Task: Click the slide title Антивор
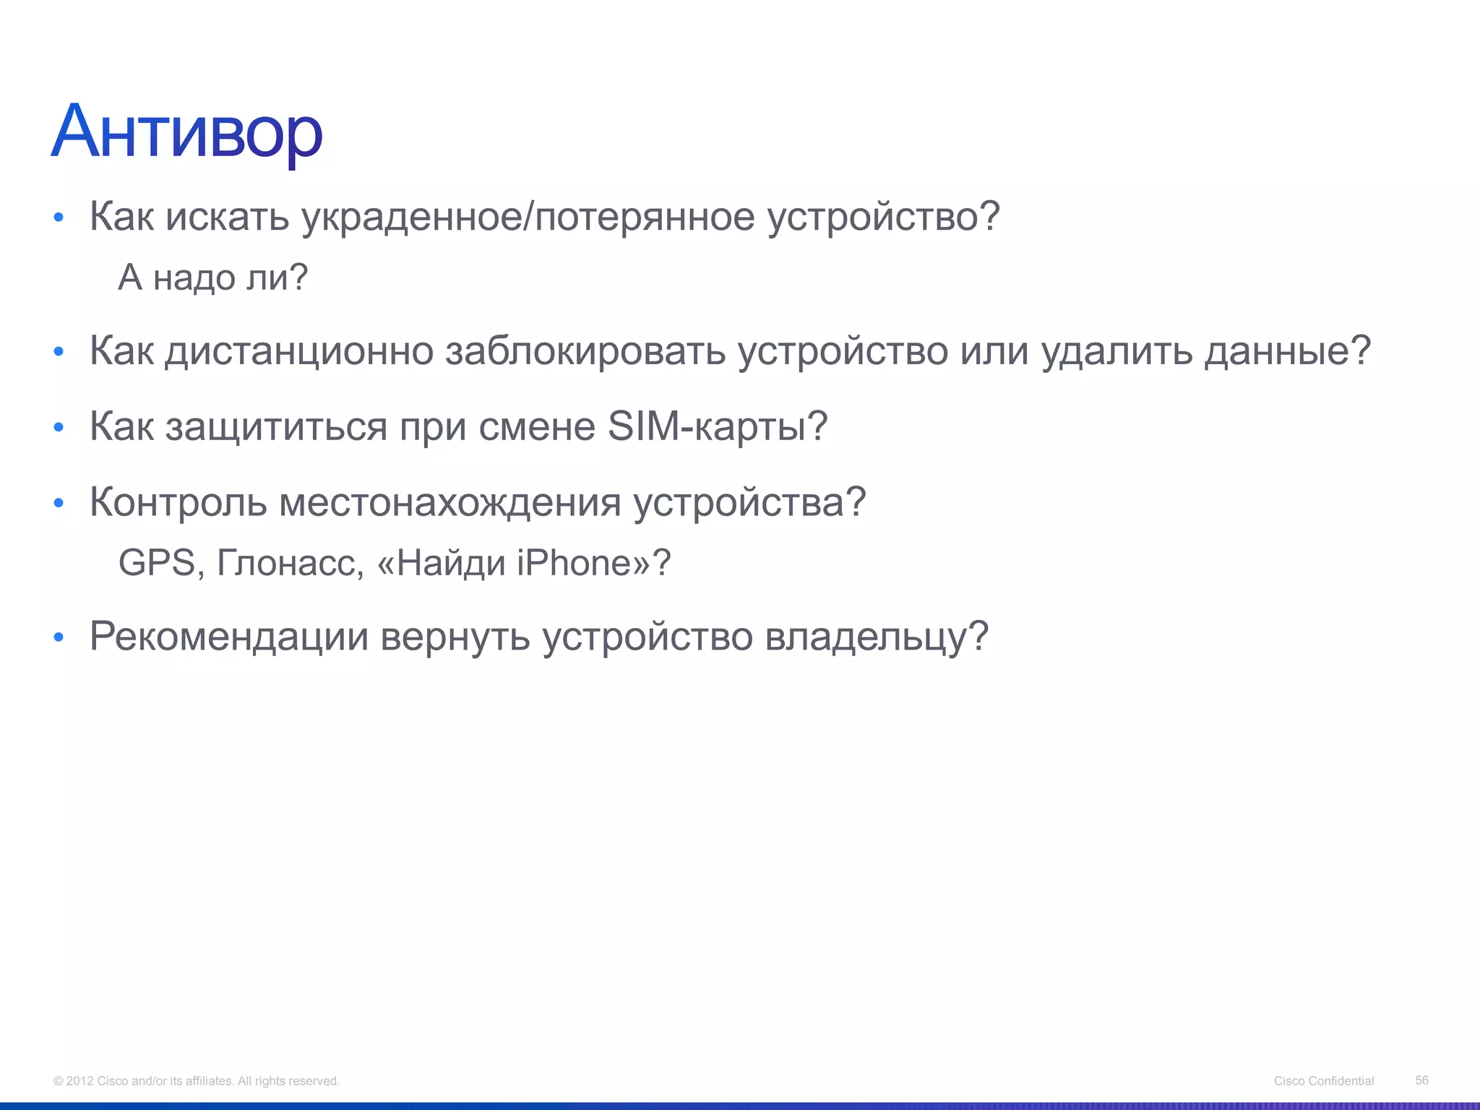[x=186, y=133]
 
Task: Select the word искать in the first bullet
[x=227, y=216]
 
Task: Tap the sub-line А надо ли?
[x=213, y=277]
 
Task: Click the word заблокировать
[x=585, y=351]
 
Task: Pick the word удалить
[x=1116, y=351]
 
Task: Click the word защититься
[x=276, y=426]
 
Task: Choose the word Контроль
[x=178, y=502]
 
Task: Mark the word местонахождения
[x=449, y=502]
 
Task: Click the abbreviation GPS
[x=156, y=563]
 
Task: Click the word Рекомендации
[x=229, y=637]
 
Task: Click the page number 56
[x=1421, y=1080]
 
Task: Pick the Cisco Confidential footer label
[x=1324, y=1081]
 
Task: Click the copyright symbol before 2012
[x=58, y=1081]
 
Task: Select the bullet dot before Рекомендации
[x=59, y=638]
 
